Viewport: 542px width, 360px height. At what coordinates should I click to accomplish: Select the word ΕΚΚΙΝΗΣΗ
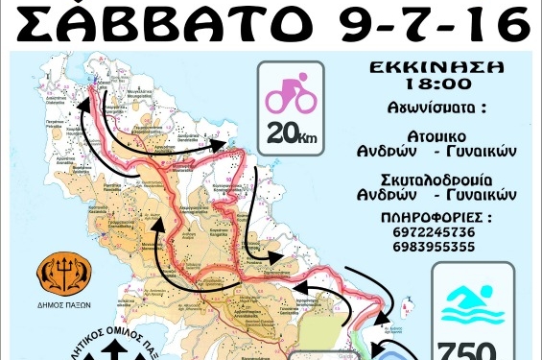pyautogui.click(x=436, y=70)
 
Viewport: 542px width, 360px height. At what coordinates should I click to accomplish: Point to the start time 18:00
pyautogui.click(x=436, y=86)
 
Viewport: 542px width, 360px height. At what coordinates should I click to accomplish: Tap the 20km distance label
pyautogui.click(x=293, y=134)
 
